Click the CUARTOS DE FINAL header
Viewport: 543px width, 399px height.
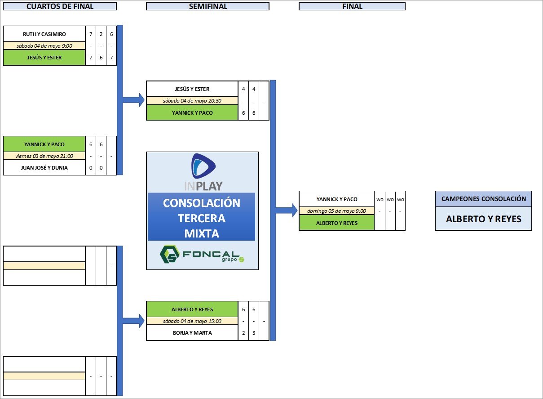[x=60, y=6]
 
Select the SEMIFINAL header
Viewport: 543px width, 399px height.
[x=207, y=6]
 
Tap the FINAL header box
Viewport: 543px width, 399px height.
[x=352, y=6]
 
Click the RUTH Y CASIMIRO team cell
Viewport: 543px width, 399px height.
[x=44, y=34]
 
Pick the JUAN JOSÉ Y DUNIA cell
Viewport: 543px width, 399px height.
[x=44, y=168]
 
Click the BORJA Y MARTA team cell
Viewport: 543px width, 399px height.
[x=192, y=333]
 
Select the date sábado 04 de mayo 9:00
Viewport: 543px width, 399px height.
[x=44, y=45]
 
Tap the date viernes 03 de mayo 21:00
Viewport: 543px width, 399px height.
[x=44, y=156]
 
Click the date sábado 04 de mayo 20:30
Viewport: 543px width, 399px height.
[x=192, y=101]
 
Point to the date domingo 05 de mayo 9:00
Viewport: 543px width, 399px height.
[x=336, y=211]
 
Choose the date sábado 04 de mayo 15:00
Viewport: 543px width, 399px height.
[x=192, y=321]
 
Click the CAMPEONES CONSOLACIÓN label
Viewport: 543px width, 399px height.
[x=483, y=199]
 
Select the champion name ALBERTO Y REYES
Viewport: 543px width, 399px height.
[x=483, y=219]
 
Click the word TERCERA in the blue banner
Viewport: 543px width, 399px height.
[x=202, y=218]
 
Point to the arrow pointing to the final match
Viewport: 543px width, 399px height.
[x=287, y=210]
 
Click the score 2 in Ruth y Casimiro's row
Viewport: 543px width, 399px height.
[x=101, y=34]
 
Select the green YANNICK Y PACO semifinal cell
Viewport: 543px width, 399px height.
[x=192, y=113]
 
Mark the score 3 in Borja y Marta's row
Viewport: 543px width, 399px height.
[x=254, y=333]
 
